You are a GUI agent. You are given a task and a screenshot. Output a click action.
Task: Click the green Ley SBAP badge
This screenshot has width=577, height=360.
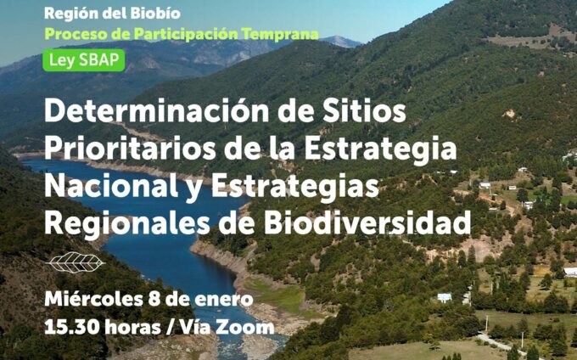84,60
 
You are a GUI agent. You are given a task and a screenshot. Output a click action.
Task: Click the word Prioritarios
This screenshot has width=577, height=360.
130,149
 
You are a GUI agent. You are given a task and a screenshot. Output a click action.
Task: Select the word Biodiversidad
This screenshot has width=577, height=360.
367,222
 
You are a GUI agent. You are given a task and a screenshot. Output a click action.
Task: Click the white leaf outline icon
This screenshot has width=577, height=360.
76,262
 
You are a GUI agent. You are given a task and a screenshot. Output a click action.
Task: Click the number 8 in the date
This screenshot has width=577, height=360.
154,300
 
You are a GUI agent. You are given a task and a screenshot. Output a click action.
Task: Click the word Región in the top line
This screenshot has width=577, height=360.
71,14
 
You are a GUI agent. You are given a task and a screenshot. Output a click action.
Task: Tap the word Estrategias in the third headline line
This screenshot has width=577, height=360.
294,186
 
